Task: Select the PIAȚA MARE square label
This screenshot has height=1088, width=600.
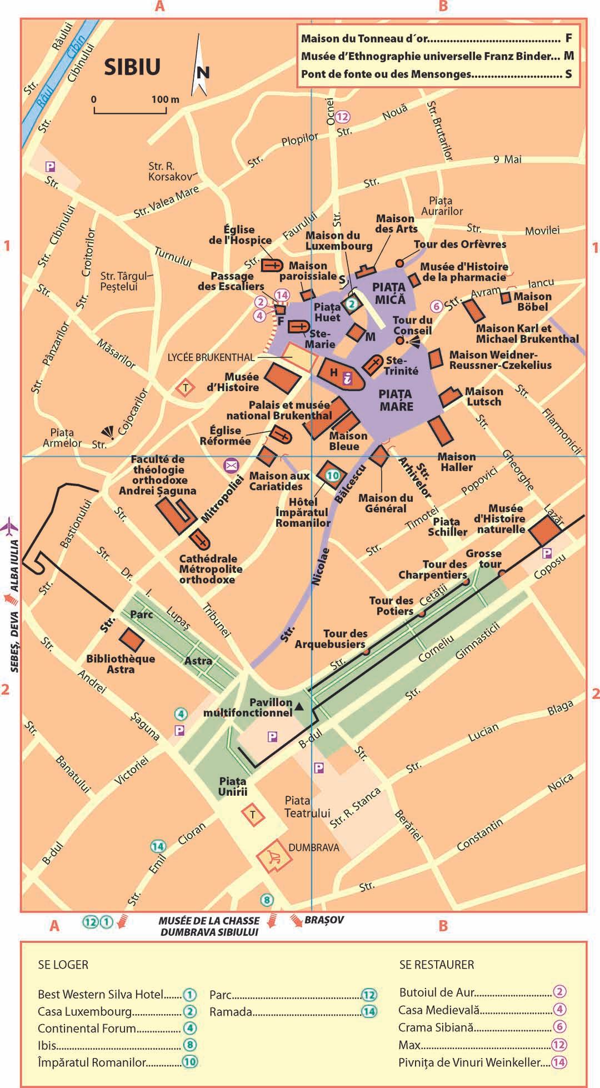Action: point(396,400)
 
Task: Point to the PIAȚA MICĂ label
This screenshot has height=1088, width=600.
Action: point(389,293)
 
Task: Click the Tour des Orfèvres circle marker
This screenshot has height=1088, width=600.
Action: point(399,263)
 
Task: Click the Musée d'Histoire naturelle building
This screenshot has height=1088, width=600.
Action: point(545,530)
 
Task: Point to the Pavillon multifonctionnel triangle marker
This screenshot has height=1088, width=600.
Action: point(299,706)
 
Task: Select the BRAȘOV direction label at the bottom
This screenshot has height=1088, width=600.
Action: point(323,920)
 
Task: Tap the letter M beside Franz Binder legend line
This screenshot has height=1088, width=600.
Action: point(568,56)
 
